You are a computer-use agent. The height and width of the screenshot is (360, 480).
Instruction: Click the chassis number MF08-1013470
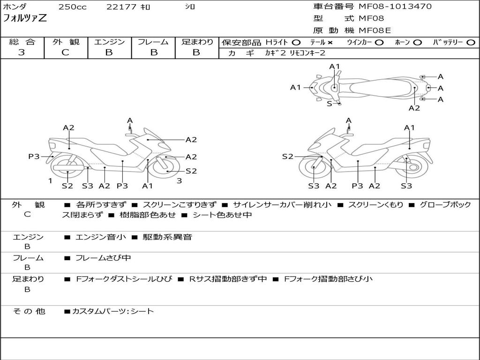[x=395, y=7]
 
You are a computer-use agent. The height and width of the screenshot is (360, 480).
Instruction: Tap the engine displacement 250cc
[x=73, y=7]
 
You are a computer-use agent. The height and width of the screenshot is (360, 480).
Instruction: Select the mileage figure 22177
[x=121, y=7]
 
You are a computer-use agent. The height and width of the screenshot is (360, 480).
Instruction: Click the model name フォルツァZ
[x=25, y=18]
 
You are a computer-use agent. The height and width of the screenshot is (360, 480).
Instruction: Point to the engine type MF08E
[x=375, y=30]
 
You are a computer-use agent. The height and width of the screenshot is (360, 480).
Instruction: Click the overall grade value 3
[x=22, y=52]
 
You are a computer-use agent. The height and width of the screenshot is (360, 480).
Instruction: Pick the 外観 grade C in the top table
[x=65, y=52]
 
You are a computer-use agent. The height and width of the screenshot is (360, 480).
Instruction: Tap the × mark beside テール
[x=330, y=43]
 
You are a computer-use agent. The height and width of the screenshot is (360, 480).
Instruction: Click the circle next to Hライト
[x=296, y=43]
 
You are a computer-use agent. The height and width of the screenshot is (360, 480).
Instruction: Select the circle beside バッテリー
[x=471, y=43]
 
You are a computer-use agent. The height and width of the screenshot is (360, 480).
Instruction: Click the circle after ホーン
[x=417, y=43]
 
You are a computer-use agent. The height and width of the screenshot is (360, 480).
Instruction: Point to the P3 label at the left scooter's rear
[x=34, y=157]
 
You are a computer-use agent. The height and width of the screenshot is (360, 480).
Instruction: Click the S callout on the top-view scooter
[x=329, y=104]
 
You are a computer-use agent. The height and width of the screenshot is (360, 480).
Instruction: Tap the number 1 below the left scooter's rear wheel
[x=50, y=180]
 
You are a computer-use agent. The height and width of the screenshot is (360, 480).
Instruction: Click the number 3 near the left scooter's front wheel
[x=180, y=180]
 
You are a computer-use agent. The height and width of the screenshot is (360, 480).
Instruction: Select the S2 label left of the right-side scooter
[x=288, y=157]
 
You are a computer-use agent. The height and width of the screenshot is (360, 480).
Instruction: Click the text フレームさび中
[x=103, y=258]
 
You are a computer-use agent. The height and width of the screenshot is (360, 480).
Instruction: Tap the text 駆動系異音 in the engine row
[x=167, y=237]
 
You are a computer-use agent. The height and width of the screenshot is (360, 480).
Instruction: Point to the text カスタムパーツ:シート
[x=113, y=311]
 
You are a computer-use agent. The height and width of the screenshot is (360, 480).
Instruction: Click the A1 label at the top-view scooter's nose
[x=296, y=88]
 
